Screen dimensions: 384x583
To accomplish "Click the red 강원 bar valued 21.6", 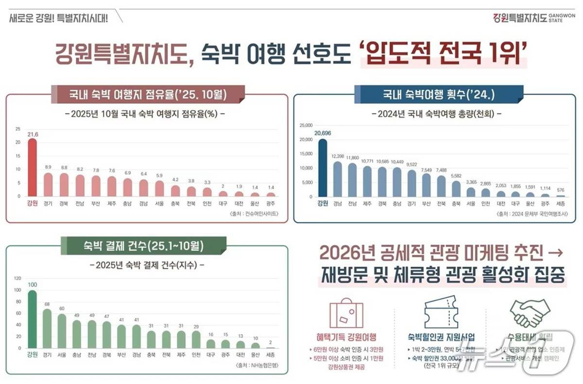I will [x=32, y=168].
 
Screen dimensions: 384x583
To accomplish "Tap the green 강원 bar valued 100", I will [x=32, y=319].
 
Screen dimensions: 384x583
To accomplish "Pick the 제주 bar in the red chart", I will [x=112, y=186].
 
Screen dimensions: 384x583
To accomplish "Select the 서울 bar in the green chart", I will [x=62, y=331].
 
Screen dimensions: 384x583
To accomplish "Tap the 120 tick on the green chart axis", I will [x=17, y=279].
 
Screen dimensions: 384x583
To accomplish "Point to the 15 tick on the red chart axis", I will [x=18, y=156].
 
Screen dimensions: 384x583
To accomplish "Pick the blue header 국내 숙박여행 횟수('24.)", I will [x=439, y=94].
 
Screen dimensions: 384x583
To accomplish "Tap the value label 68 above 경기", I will [x=47, y=304].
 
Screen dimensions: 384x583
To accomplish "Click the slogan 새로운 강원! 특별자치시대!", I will [x=59, y=17].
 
